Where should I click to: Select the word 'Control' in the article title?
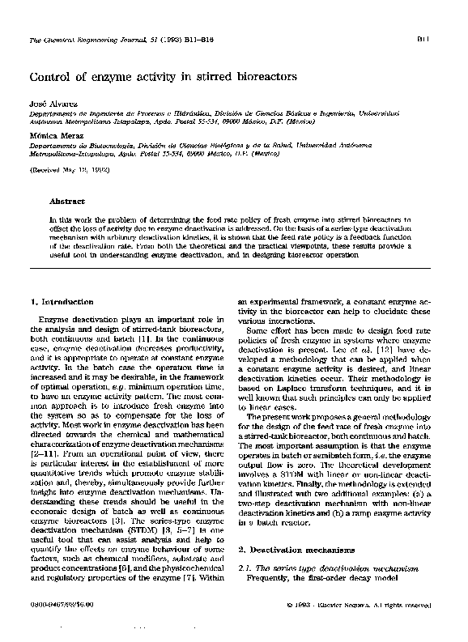[53, 78]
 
